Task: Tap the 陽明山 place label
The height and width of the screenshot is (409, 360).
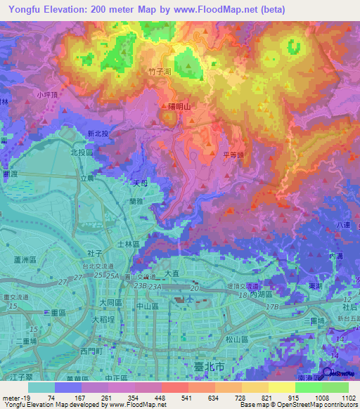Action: [x=180, y=106]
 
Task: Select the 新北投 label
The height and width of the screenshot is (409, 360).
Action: [x=98, y=134]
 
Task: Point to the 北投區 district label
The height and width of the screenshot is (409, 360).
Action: [x=82, y=152]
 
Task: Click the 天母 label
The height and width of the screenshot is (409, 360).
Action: [x=141, y=182]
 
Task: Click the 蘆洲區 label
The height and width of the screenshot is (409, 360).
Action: [x=25, y=259]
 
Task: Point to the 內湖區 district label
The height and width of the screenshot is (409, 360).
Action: [x=262, y=296]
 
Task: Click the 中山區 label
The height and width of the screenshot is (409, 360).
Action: [x=148, y=307]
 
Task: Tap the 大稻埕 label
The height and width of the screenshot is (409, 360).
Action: [x=104, y=319]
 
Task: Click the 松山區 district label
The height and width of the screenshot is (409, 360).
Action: [x=235, y=339]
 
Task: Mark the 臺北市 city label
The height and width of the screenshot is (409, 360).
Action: [x=210, y=367]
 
